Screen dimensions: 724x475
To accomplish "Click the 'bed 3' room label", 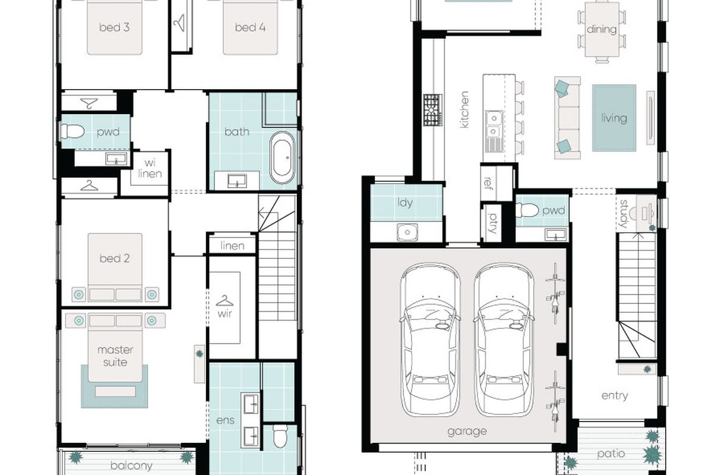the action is coord(115,27).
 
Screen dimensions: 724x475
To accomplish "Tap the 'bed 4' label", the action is coord(250,27).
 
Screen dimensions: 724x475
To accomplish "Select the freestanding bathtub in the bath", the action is coord(282,158).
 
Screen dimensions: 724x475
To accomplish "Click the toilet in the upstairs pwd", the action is coord(72,131).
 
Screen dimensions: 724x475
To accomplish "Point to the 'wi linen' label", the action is coord(150,169).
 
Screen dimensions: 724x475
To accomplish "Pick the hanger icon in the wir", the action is coord(225,301).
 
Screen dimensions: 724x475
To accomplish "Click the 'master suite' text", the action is coord(115,356).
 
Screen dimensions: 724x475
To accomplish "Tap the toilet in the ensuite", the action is coord(280,436).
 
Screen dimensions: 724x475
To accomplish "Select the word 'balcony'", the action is coord(131,465).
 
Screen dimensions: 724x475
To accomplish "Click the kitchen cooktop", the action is coord(432,110).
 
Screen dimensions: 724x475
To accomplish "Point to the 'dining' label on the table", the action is coord(602,30).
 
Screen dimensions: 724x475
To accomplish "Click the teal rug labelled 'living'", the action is coord(614,118).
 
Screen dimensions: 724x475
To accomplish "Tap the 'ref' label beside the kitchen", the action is coord(488,182).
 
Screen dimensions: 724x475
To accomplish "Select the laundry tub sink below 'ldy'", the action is coord(407,232).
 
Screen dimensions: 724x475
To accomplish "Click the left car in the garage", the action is coord(430,339).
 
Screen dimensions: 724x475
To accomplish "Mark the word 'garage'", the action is coord(467,432).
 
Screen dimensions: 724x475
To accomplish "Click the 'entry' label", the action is coord(615,395).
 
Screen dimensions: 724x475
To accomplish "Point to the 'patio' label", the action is coord(611,454).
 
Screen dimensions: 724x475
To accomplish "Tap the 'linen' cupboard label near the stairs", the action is coord(232,246).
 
